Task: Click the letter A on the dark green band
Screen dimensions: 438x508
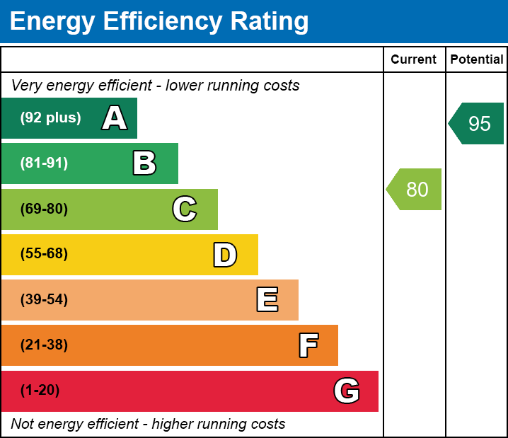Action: point(115,118)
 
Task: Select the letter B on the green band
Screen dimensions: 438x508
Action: point(144,163)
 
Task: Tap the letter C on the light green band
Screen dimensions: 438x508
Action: point(185,209)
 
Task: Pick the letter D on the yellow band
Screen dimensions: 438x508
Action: point(225,255)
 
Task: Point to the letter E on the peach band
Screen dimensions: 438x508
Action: point(267,300)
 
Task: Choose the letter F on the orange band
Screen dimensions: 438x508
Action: point(308,345)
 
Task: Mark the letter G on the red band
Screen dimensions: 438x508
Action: point(347,391)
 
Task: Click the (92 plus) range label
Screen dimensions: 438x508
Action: point(50,118)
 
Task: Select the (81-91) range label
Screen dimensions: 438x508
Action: point(44,163)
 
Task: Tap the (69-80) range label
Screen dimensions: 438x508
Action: point(44,209)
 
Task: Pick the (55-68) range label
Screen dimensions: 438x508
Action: point(44,254)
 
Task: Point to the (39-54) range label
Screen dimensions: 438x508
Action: point(44,300)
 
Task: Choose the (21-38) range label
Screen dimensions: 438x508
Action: point(44,345)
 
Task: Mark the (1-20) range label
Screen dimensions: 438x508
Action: point(40,391)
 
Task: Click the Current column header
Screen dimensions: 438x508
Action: point(414,60)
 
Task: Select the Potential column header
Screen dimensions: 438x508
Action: point(477,60)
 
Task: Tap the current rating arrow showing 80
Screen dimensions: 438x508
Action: point(415,190)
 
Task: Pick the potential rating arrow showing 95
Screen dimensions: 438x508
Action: point(478,124)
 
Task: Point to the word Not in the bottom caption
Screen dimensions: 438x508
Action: point(23,425)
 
